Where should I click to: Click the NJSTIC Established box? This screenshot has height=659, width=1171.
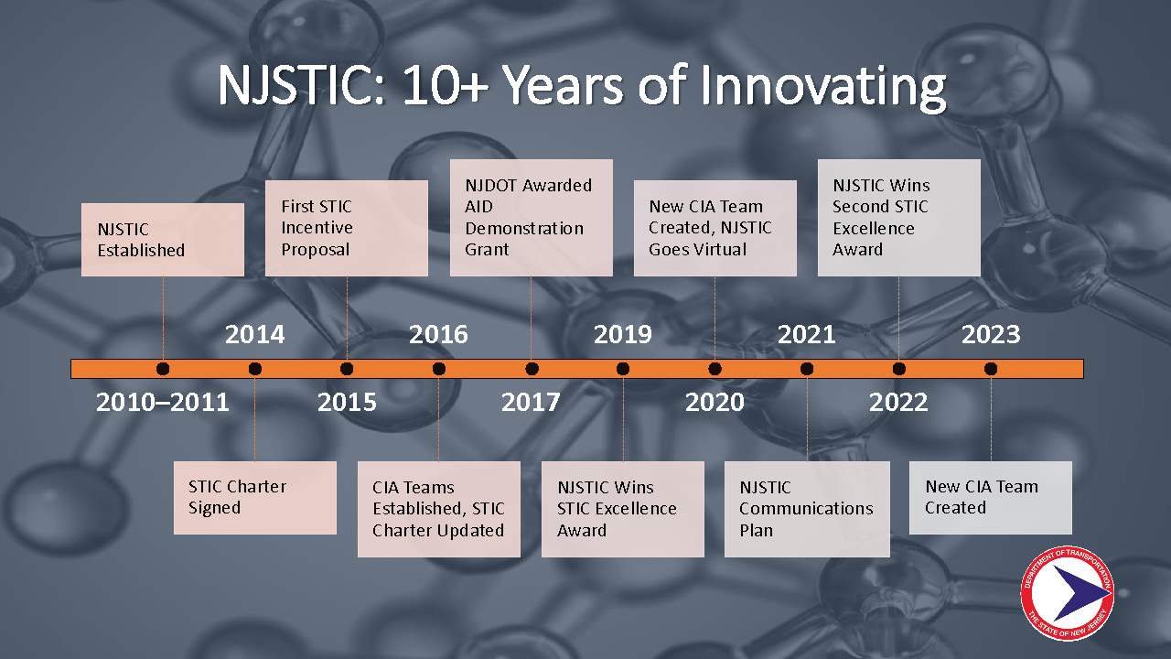163,240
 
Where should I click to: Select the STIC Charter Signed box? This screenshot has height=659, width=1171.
255,497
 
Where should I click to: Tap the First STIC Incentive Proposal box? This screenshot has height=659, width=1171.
347,228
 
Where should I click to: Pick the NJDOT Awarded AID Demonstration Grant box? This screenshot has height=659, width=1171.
532,218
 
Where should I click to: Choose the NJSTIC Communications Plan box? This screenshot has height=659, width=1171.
807,509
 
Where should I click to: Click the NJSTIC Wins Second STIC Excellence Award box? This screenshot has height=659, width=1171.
899,218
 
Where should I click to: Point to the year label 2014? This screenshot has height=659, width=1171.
254,335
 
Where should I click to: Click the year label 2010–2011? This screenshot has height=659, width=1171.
163,402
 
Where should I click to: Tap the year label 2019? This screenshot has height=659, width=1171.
623,335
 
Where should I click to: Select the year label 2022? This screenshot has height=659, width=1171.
898,402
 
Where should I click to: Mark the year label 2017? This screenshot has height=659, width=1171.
531,402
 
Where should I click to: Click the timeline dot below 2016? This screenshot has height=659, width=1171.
439,369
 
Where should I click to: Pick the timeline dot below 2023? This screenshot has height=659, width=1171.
991,369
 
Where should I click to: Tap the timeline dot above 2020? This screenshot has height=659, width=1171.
714,369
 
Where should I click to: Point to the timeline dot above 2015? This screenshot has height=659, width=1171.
347,369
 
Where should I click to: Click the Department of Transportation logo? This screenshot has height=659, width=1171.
1068,594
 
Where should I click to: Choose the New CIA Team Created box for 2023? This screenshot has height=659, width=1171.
991,497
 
